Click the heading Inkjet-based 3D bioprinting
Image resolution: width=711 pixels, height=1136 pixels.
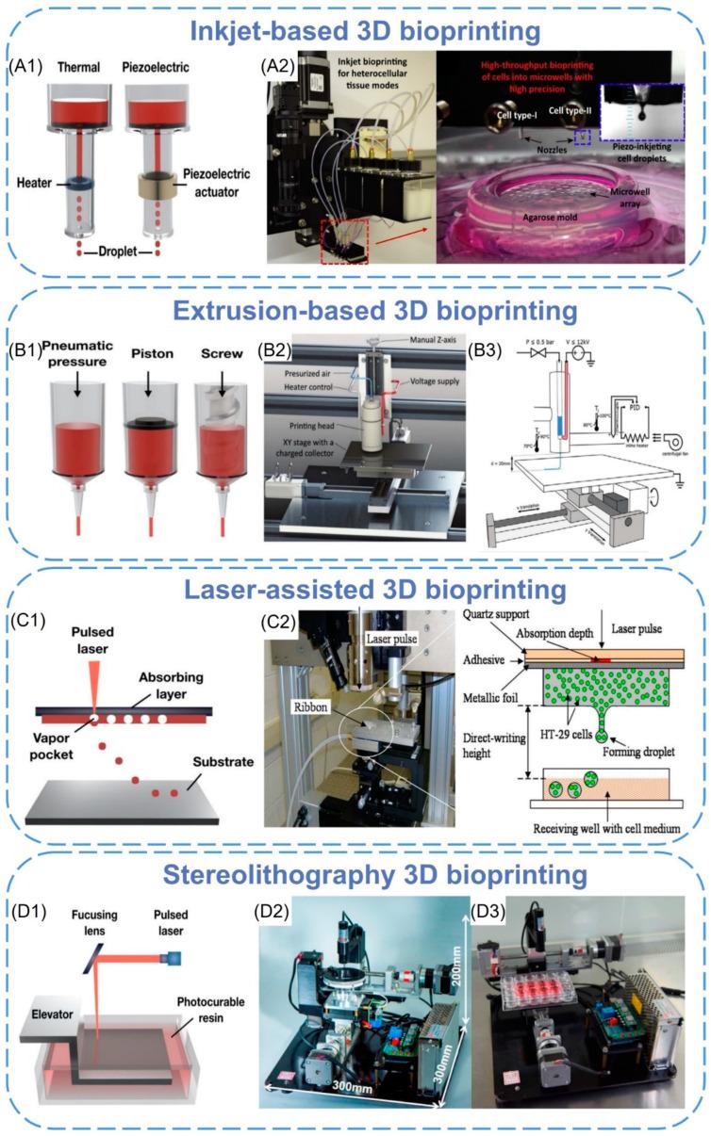[x=355, y=28]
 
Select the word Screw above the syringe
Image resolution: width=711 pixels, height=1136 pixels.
[x=224, y=362]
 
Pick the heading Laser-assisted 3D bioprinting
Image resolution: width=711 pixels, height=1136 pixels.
[x=355, y=590]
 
